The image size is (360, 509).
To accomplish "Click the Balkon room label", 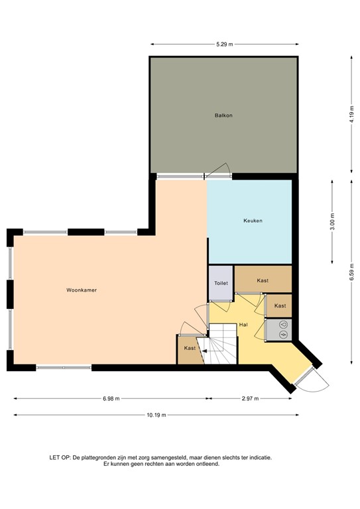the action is coord(223,115).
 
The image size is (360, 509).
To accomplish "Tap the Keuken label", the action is coord(253,221).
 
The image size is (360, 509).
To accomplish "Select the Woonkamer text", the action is coord(82,290).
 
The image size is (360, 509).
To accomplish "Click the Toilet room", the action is coord(221,283).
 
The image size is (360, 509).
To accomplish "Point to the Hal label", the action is coord(243,325).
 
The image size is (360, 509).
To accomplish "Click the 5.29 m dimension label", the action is coord(225,44).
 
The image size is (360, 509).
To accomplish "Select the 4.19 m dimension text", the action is coord(352,114).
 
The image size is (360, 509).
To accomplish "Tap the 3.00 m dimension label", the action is coord(332,222).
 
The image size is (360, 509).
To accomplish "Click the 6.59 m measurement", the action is coord(352,272).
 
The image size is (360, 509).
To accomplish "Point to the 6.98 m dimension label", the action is coord(111,398).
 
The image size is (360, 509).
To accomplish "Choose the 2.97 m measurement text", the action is coord(251,398).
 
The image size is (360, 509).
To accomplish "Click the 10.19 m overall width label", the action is coord(156,415).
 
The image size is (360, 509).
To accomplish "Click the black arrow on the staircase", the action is coord(204,351).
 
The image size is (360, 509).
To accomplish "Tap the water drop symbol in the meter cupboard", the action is coord(283,324).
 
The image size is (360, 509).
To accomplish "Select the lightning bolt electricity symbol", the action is coord(283,335).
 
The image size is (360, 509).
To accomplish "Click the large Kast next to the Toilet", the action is coord(263,280).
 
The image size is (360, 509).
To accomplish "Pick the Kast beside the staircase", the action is coord(190,349).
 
